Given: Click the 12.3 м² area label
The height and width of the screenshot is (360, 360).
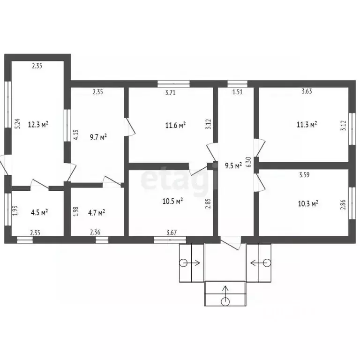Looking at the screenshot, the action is pyautogui.click(x=38, y=124).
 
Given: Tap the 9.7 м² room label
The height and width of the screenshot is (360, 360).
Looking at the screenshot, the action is pyautogui.click(x=98, y=137).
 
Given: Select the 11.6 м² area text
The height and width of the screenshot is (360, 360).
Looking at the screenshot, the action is pyautogui.click(x=175, y=125).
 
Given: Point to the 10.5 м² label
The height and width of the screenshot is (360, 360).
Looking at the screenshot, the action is pyautogui.click(x=172, y=201).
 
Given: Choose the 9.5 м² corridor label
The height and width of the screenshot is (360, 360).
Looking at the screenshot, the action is pyautogui.click(x=233, y=165).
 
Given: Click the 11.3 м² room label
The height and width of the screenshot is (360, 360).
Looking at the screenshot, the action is pyautogui.click(x=307, y=124).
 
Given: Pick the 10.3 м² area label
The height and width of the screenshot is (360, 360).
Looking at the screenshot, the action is pyautogui.click(x=308, y=203).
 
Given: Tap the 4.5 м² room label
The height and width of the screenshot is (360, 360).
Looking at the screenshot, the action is pyautogui.click(x=39, y=212).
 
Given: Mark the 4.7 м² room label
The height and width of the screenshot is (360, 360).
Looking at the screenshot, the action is pyautogui.click(x=97, y=213).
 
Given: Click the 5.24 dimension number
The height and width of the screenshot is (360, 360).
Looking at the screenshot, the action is pyautogui.click(x=17, y=124).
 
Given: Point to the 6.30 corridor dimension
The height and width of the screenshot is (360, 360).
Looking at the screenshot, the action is pyautogui.click(x=248, y=162).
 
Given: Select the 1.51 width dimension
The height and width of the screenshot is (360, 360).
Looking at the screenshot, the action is pyautogui.click(x=237, y=92).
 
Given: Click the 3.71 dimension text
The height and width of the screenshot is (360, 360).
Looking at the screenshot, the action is pyautogui.click(x=170, y=92).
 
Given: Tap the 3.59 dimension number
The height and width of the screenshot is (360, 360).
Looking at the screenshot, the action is pyautogui.click(x=304, y=175).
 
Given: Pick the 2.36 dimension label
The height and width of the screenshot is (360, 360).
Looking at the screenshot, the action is pyautogui.click(x=95, y=232).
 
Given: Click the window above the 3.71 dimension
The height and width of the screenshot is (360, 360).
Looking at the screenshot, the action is pyautogui.click(x=174, y=84).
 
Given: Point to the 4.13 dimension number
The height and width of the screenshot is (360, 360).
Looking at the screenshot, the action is pyautogui.click(x=76, y=135).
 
